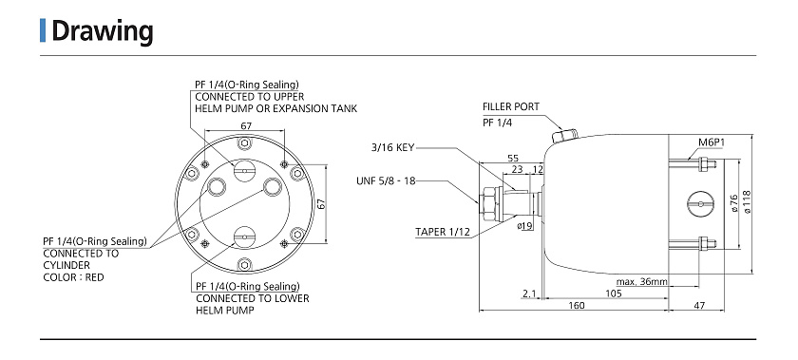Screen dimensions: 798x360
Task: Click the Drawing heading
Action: click(x=103, y=31)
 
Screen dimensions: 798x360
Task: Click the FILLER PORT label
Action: click(x=510, y=106)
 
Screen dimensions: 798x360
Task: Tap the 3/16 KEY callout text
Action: click(x=392, y=147)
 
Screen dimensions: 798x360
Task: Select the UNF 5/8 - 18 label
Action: click(x=386, y=180)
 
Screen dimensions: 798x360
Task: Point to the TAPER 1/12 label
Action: click(x=443, y=232)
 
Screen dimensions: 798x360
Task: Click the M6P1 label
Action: click(x=711, y=142)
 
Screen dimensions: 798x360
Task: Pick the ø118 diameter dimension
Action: click(x=747, y=201)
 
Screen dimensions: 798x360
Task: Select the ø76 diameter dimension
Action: click(x=733, y=202)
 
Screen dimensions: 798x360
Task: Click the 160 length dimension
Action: click(x=576, y=306)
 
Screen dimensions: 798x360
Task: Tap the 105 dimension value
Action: click(x=614, y=294)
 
